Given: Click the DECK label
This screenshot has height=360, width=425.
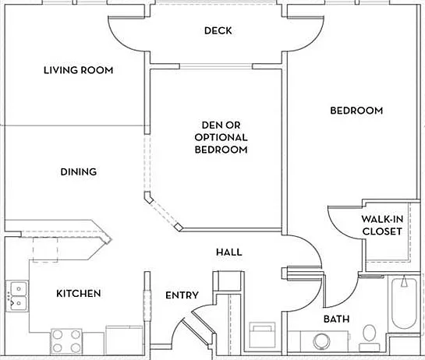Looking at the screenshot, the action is click(x=218, y=30).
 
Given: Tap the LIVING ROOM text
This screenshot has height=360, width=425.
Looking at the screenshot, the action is click(x=78, y=70).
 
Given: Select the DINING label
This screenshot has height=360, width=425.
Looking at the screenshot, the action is click(x=79, y=171).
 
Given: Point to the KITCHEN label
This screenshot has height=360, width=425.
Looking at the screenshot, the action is click(x=79, y=293).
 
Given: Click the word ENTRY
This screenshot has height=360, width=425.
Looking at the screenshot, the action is click(x=182, y=295).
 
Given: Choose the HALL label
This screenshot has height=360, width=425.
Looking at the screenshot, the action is click(x=229, y=252).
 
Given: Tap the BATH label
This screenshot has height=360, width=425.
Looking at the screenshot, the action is click(x=336, y=319).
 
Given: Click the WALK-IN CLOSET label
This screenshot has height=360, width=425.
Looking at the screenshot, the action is click(x=382, y=225).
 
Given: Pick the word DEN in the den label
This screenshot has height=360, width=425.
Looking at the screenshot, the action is click(x=210, y=125).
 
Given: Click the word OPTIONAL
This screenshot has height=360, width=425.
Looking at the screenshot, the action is click(x=221, y=137).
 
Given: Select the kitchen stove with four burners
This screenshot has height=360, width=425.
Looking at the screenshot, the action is click(x=66, y=341).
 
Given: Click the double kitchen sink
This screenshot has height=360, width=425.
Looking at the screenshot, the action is click(x=17, y=296).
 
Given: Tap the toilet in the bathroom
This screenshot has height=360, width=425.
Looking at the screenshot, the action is click(x=369, y=338).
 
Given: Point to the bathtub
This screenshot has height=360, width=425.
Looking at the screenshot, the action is click(x=404, y=302).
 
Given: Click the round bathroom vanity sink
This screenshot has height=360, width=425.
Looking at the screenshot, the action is click(x=321, y=341).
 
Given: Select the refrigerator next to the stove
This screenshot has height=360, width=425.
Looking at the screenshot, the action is click(x=124, y=340).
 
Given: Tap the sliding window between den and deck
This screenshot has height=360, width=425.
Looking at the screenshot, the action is click(x=216, y=66).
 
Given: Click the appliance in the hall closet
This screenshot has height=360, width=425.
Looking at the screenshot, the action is click(x=262, y=335).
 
